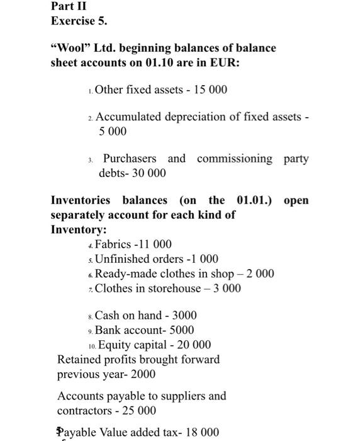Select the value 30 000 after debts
149,173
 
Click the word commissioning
235,158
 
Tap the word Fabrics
113,244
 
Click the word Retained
79,360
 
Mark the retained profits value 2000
143,374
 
